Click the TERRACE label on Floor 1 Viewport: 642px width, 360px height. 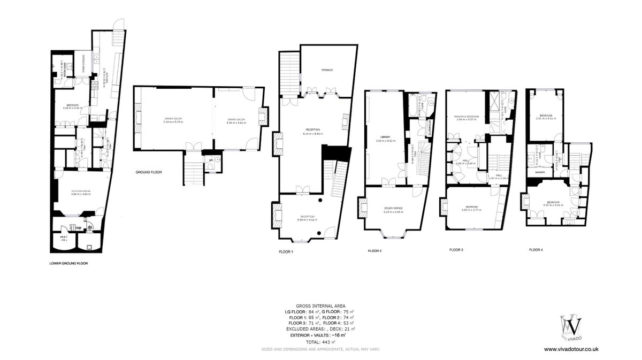coord(327,71)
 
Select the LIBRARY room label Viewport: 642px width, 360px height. coord(385,137)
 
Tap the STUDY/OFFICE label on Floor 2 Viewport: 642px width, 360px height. coord(393,208)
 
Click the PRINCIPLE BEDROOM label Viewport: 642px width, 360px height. coord(465,116)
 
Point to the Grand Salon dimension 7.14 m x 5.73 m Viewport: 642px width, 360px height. coord(173,122)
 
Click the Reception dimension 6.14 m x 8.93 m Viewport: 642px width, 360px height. coord(312,134)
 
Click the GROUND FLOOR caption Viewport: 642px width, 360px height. coord(149,172)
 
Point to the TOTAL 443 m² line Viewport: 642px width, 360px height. coord(320,342)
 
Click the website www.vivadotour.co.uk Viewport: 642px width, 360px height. coord(571,349)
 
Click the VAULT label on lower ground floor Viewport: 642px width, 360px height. coord(63,238)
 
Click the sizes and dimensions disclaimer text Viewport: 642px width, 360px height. coord(320,349)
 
